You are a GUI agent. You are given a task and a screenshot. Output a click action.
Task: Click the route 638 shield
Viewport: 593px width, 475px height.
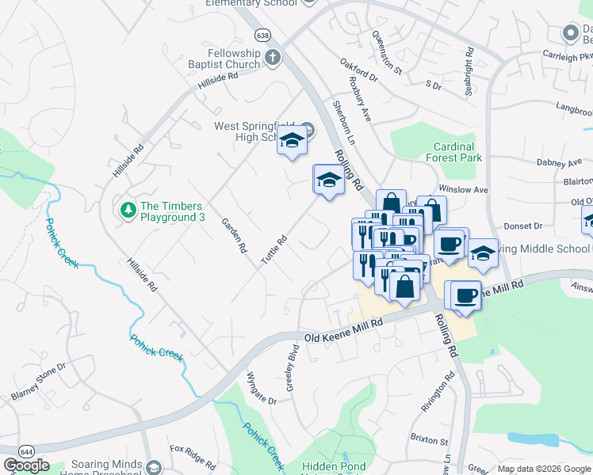click(x=262, y=35)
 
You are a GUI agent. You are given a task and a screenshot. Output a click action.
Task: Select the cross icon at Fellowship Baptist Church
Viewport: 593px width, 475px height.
click(x=273, y=56)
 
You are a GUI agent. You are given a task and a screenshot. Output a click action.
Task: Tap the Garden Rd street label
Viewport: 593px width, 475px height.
click(x=235, y=236)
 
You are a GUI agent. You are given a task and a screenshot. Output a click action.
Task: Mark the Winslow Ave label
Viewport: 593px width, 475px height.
click(x=464, y=190)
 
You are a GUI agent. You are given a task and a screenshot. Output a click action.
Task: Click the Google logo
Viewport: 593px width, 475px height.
click(x=26, y=466)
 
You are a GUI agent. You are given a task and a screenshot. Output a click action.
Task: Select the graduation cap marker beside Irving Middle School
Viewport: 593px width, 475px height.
click(x=482, y=253)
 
